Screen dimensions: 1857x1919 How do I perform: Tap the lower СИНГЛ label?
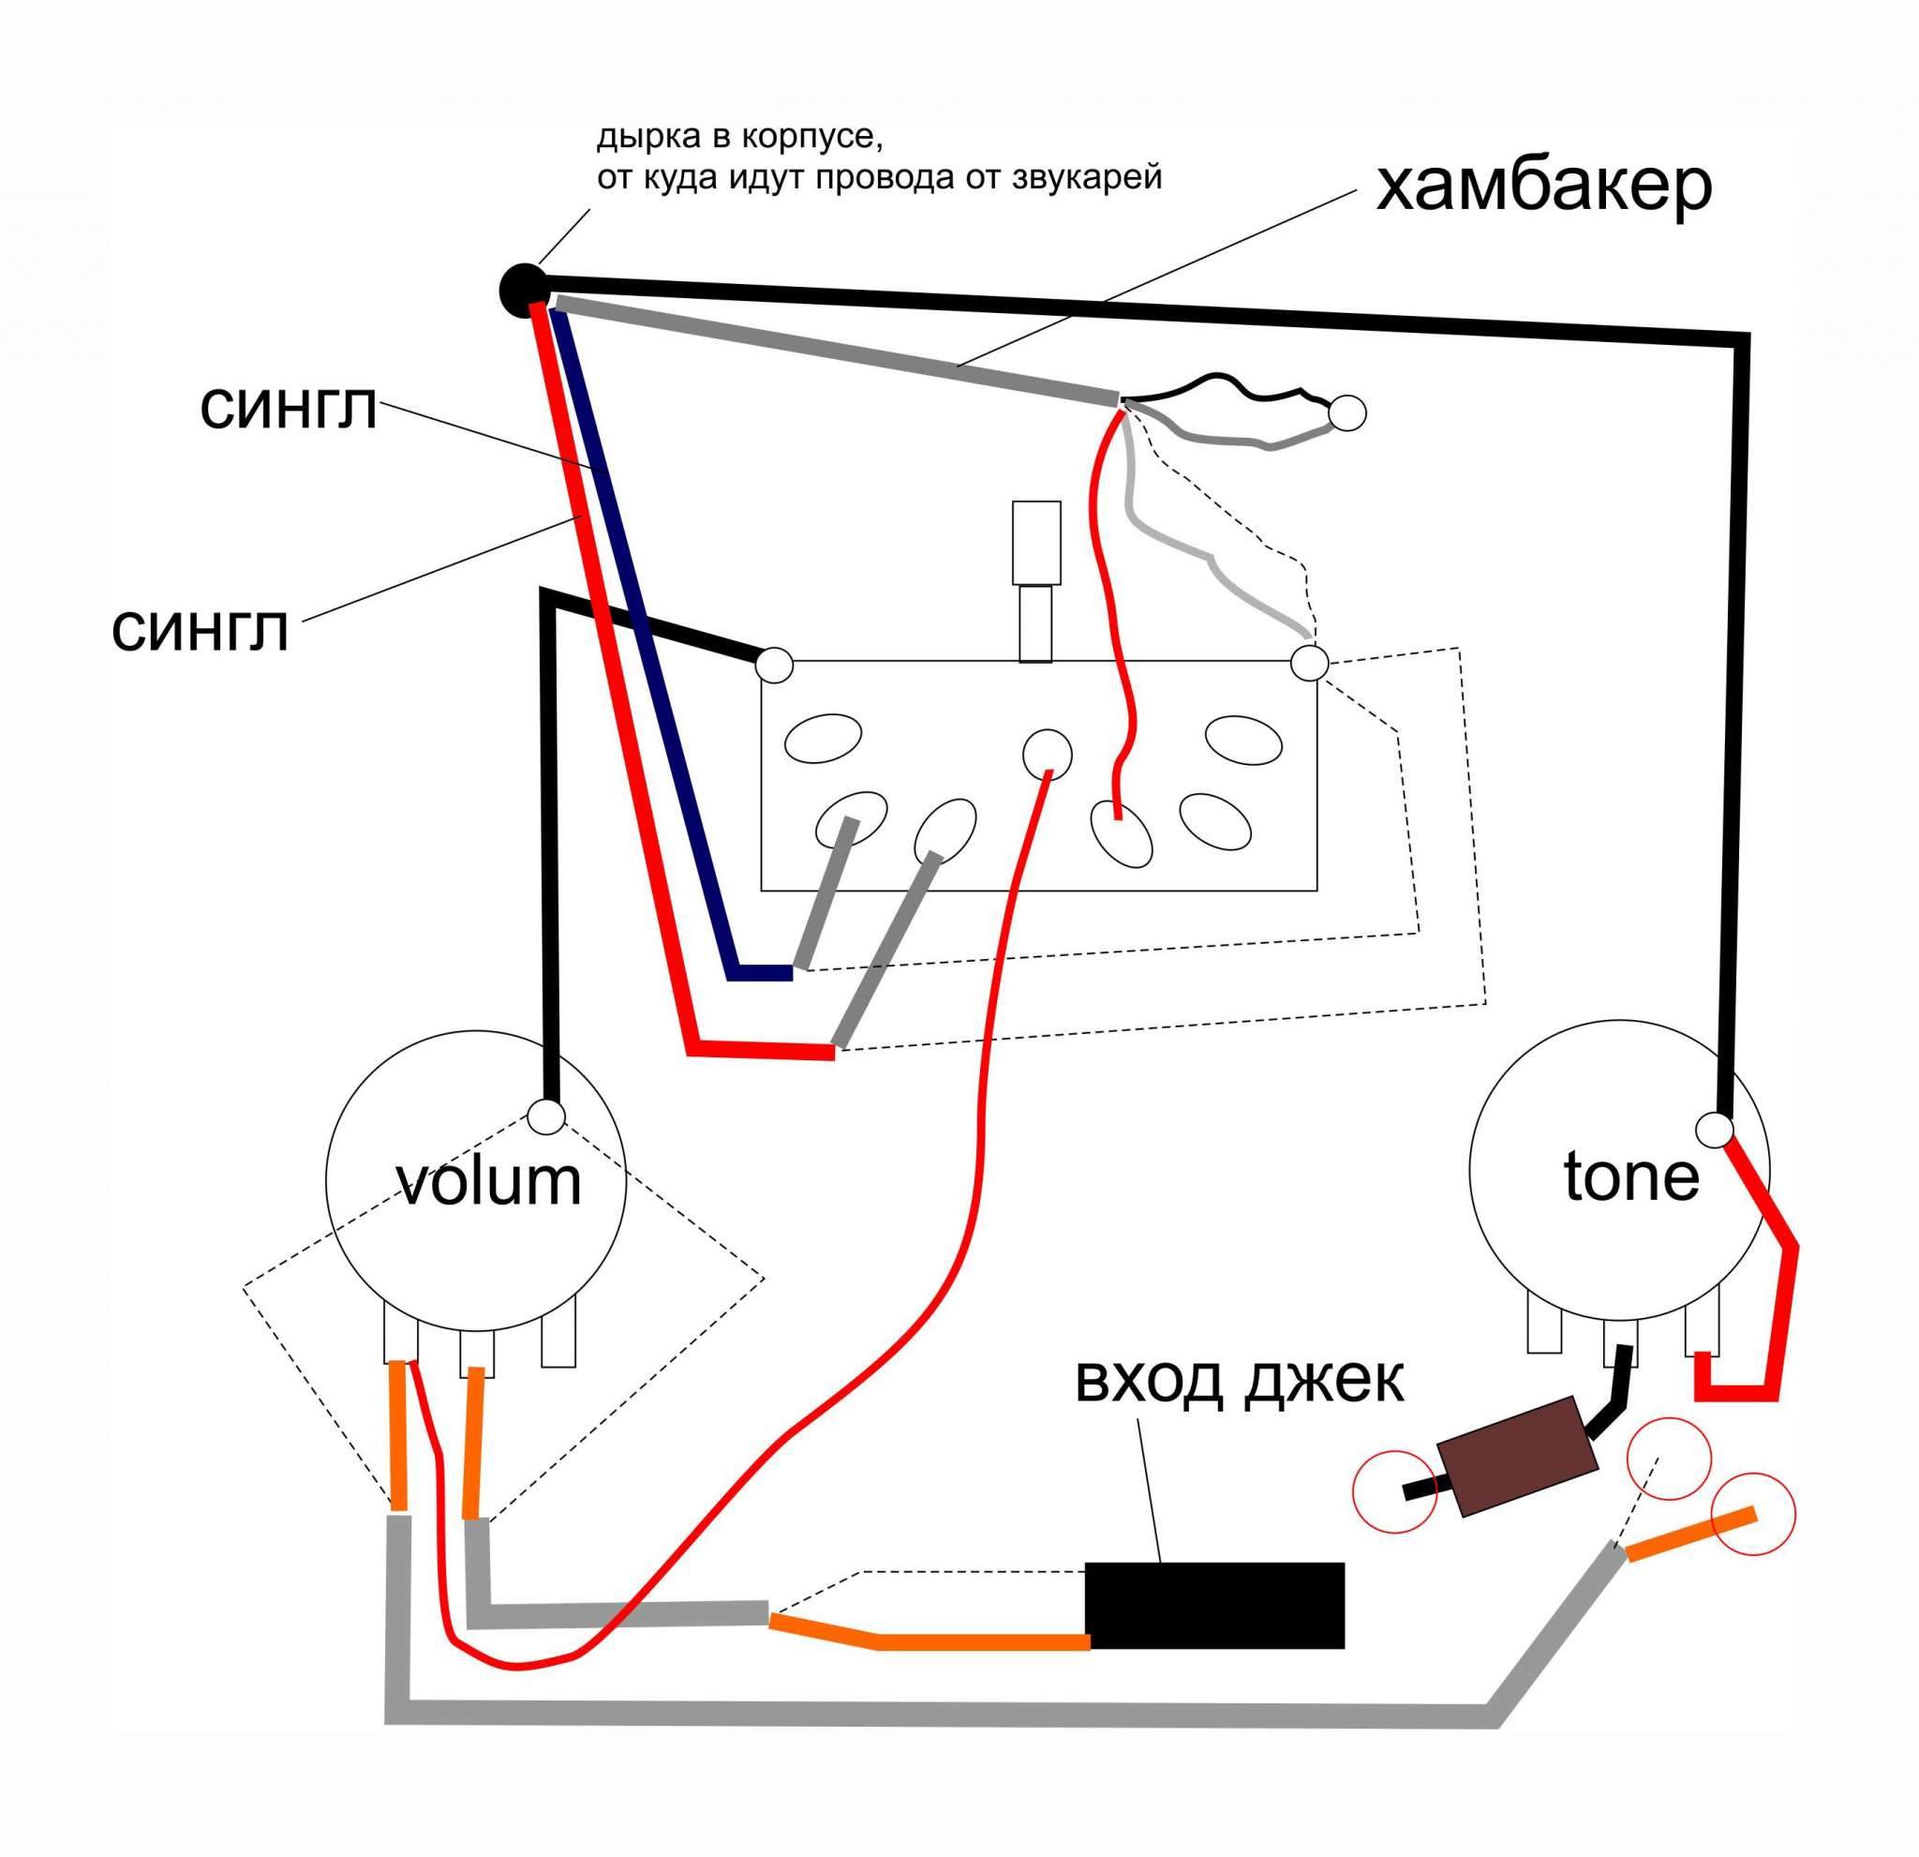point(200,631)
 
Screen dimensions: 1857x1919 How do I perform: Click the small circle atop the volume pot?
point(545,1116)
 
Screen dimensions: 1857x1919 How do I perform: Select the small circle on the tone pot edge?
point(1715,1129)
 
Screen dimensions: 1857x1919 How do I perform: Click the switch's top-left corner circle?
point(775,665)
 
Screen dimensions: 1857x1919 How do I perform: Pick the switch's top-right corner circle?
point(1309,663)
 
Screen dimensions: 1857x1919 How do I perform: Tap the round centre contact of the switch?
point(1047,755)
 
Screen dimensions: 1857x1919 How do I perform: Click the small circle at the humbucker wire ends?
point(1348,413)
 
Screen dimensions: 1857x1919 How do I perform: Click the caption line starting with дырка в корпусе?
point(740,137)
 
